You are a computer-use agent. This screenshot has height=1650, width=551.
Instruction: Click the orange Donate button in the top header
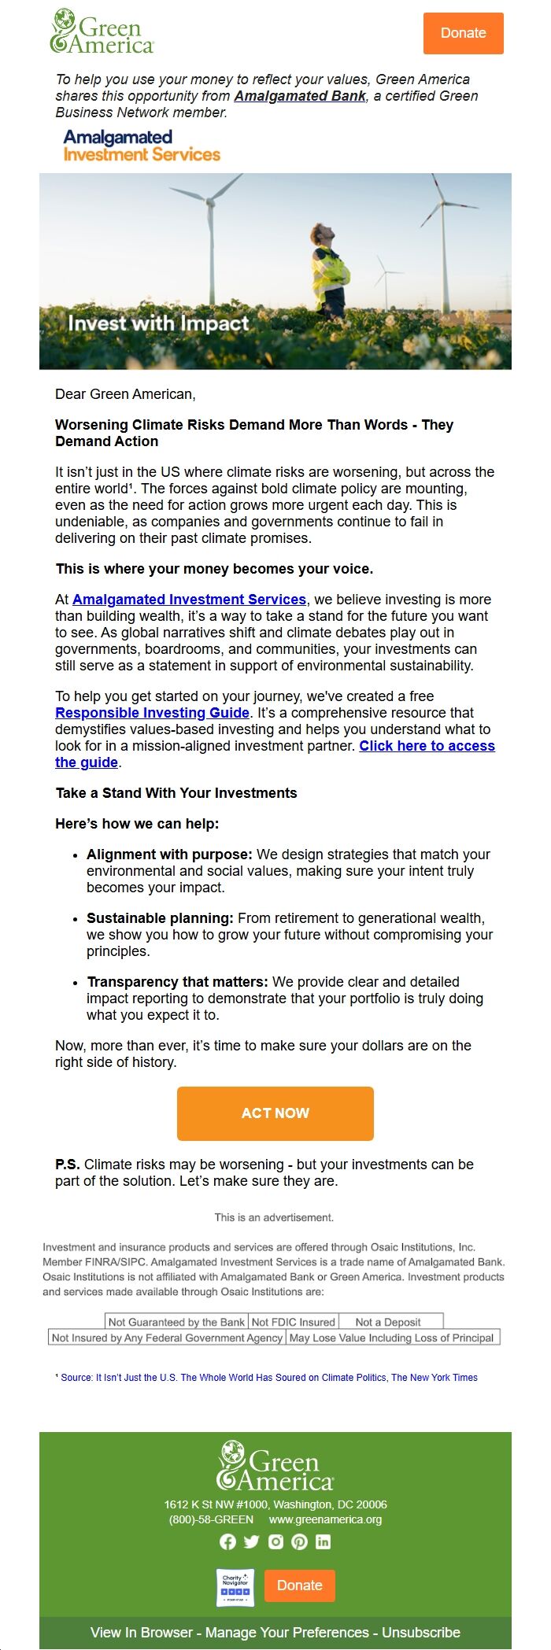click(463, 33)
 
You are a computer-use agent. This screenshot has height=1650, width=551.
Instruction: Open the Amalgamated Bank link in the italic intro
click(300, 96)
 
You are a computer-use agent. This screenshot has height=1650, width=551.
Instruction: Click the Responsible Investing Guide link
click(152, 713)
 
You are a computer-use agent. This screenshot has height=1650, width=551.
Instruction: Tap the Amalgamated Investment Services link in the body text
click(189, 600)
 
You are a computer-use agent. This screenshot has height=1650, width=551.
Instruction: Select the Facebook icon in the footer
click(227, 1541)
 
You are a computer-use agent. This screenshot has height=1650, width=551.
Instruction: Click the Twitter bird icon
click(251, 1541)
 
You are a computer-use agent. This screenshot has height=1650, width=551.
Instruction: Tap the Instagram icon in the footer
click(275, 1541)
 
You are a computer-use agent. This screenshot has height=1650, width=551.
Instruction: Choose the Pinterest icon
click(299, 1541)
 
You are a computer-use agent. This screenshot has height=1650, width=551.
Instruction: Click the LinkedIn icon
click(323, 1541)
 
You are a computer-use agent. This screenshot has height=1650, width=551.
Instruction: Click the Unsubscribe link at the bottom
click(421, 1632)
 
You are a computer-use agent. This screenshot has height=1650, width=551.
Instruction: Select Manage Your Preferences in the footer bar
click(287, 1632)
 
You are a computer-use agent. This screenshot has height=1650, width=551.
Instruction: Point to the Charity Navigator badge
click(235, 1588)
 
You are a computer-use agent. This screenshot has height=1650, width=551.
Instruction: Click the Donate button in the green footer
click(300, 1585)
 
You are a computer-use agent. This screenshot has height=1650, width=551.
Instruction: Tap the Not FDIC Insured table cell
click(293, 1322)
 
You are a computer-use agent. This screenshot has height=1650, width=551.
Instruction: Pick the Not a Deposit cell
click(388, 1322)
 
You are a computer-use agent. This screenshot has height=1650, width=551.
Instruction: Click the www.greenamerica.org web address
click(325, 1519)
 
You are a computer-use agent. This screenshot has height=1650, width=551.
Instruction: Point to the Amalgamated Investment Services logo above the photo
click(142, 146)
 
